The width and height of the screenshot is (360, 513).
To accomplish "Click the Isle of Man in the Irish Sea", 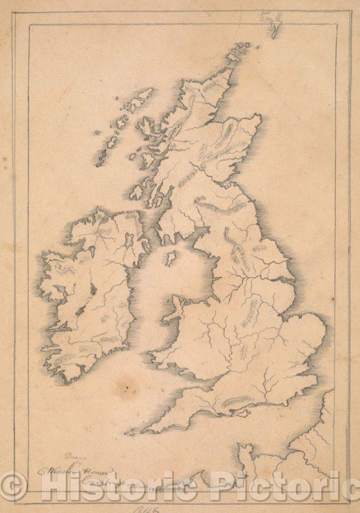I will coord(171,258).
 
